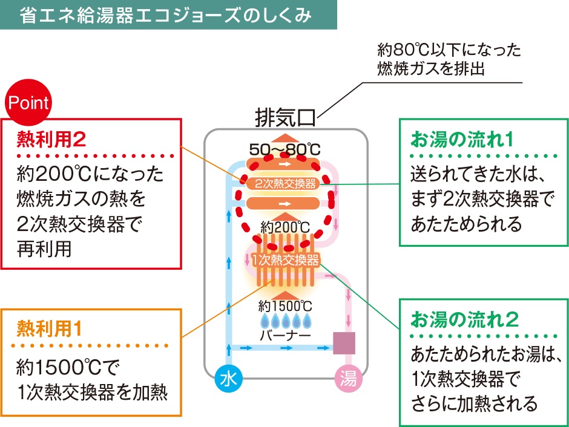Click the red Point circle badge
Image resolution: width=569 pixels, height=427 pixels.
pyautogui.click(x=28, y=103)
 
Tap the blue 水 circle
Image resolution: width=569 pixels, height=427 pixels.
pyautogui.click(x=229, y=379)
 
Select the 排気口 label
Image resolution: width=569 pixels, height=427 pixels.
pyautogui.click(x=285, y=116)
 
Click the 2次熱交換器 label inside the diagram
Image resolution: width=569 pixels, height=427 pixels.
pyautogui.click(x=284, y=183)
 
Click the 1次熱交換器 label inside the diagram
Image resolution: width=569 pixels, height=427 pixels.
pyautogui.click(x=284, y=261)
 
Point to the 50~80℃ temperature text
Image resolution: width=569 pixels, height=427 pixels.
pyautogui.click(x=284, y=148)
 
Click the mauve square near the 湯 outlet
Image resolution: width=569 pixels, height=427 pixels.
pyautogui.click(x=344, y=344)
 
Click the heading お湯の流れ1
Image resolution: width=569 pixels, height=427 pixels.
pyautogui.click(x=462, y=140)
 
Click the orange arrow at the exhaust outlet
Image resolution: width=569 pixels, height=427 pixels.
pyautogui.click(x=284, y=135)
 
